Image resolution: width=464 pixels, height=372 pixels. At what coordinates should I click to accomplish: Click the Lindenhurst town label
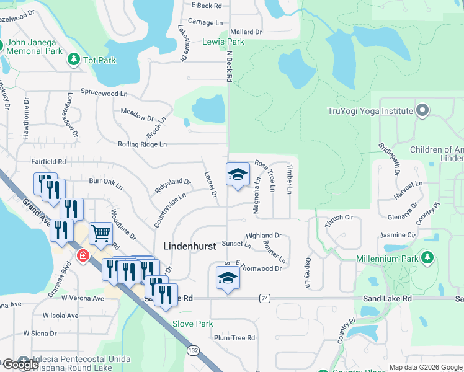(189, 246)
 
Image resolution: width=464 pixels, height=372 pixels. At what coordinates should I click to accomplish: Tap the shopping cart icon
(100, 234)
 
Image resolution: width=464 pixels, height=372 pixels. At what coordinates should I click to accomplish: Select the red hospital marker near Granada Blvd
(82, 255)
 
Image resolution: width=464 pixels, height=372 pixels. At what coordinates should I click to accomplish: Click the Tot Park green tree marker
(74, 60)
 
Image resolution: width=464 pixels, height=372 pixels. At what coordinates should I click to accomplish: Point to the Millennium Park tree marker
(427, 257)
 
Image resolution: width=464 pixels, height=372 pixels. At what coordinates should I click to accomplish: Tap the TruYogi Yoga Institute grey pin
(423, 111)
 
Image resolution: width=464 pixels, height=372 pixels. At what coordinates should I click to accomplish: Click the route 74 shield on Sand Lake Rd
(265, 298)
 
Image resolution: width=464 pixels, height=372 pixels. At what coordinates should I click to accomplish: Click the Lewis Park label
(223, 42)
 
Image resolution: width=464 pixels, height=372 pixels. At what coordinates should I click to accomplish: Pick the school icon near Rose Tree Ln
(238, 174)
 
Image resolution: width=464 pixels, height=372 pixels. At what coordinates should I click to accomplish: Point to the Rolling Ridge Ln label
(142, 144)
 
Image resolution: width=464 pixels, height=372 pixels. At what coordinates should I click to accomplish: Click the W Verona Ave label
(83, 298)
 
